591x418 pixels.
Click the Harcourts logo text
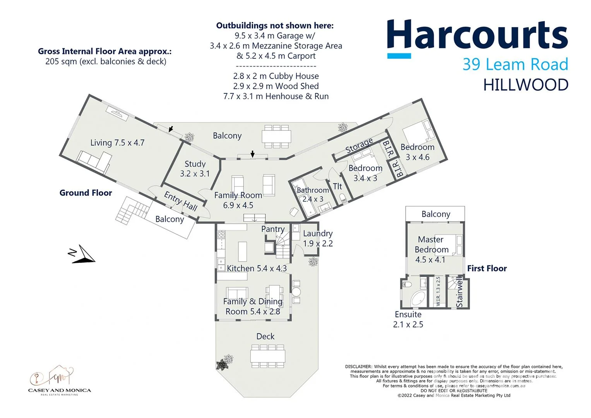[x=477, y=36]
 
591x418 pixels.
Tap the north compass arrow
[x=83, y=255]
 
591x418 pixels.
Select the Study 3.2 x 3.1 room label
[x=195, y=169]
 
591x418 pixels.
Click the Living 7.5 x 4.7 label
[x=117, y=142]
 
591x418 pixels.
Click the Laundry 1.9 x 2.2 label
[x=318, y=238]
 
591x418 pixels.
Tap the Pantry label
[x=272, y=229]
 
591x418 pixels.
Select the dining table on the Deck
[x=268, y=355]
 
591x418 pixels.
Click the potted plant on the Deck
[x=224, y=363]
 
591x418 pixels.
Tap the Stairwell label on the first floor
[x=459, y=292]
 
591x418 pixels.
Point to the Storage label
[x=359, y=145]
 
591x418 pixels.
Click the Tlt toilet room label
[x=337, y=186]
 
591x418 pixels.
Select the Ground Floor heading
[x=86, y=193]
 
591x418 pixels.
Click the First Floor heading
[x=487, y=268]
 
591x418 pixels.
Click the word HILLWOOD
[x=525, y=85]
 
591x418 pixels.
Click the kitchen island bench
[x=242, y=252]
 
